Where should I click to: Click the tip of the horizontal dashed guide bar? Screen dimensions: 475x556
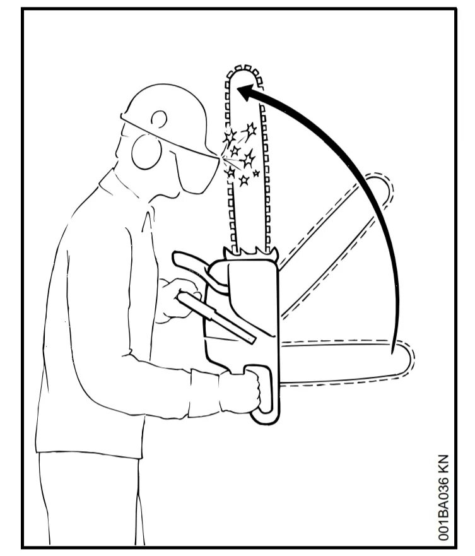pos(409,360)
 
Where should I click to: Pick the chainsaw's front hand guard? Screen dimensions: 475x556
pos(189,264)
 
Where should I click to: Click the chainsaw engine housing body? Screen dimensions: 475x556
pos(243,309)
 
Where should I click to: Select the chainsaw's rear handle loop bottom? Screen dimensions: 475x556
pos(263,420)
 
